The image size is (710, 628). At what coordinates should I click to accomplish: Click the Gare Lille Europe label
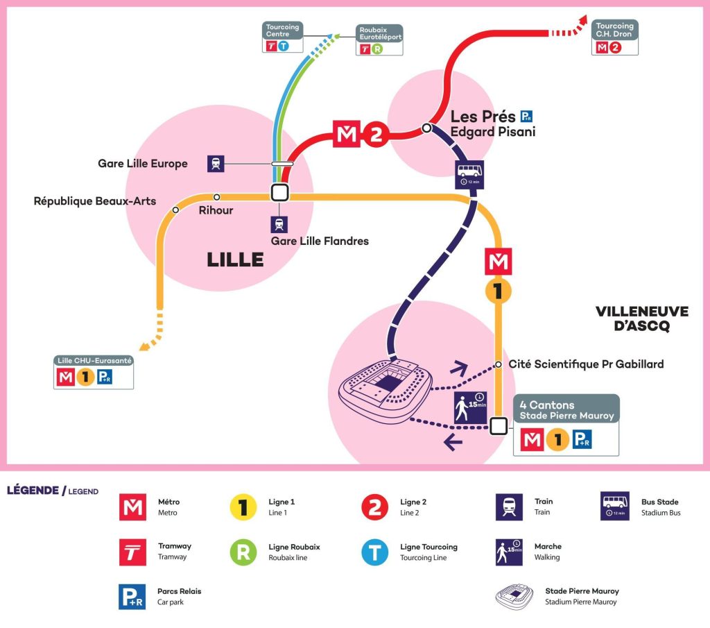(143, 164)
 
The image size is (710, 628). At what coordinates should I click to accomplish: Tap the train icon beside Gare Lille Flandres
(279, 224)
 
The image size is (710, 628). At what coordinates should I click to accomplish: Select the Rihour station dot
(217, 197)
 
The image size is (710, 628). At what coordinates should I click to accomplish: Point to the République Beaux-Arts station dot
(175, 210)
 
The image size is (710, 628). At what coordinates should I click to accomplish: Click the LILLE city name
(236, 260)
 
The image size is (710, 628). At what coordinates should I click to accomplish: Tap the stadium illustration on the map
(386, 391)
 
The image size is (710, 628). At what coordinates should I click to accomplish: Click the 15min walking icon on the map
(471, 408)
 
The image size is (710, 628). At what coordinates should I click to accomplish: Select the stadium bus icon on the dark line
(469, 174)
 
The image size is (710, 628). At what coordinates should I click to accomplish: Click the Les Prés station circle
(426, 128)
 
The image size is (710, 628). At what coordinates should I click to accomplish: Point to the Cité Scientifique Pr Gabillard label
(586, 364)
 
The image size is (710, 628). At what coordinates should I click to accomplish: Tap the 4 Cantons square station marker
(499, 426)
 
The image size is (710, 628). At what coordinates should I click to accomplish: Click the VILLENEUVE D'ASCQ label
(642, 319)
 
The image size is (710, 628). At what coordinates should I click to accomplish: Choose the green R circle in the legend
(243, 552)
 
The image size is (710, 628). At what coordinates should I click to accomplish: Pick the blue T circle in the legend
(374, 552)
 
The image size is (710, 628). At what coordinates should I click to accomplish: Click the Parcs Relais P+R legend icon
(132, 597)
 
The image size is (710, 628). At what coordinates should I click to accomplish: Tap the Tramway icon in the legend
(132, 552)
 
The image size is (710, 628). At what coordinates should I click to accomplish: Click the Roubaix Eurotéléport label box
(379, 40)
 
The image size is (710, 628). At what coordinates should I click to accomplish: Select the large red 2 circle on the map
(375, 134)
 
